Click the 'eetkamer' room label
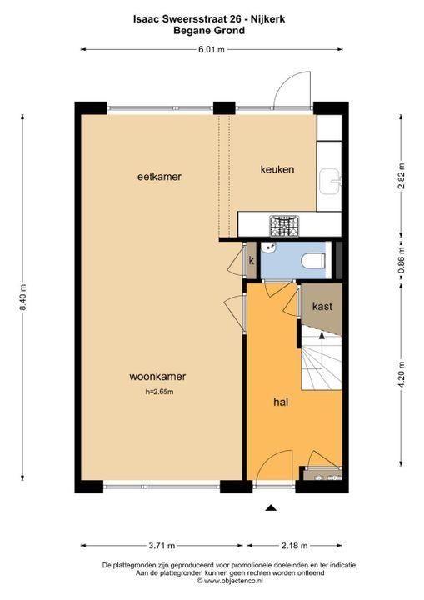pyautogui.click(x=159, y=177)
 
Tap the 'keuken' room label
pyautogui.click(x=277, y=170)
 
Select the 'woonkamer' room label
pyautogui.click(x=157, y=376)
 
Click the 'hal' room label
pyautogui.click(x=281, y=401)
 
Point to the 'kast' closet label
pyautogui.click(x=322, y=306)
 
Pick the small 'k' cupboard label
pyautogui.click(x=251, y=261)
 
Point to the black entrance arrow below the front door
pyautogui.click(x=270, y=507)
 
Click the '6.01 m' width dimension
pyautogui.click(x=210, y=49)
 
